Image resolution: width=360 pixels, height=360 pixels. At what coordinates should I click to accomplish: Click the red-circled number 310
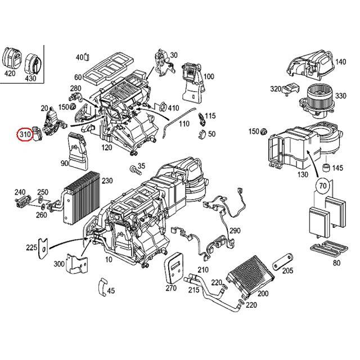24,135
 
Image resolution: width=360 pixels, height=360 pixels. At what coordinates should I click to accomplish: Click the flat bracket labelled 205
281,264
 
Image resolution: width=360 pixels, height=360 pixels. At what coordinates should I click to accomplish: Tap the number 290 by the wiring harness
235,231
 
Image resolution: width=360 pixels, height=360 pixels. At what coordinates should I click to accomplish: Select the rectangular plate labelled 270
176,269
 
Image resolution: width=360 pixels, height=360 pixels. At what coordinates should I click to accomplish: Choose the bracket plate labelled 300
78,265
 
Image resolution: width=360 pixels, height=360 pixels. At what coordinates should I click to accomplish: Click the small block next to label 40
88,57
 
